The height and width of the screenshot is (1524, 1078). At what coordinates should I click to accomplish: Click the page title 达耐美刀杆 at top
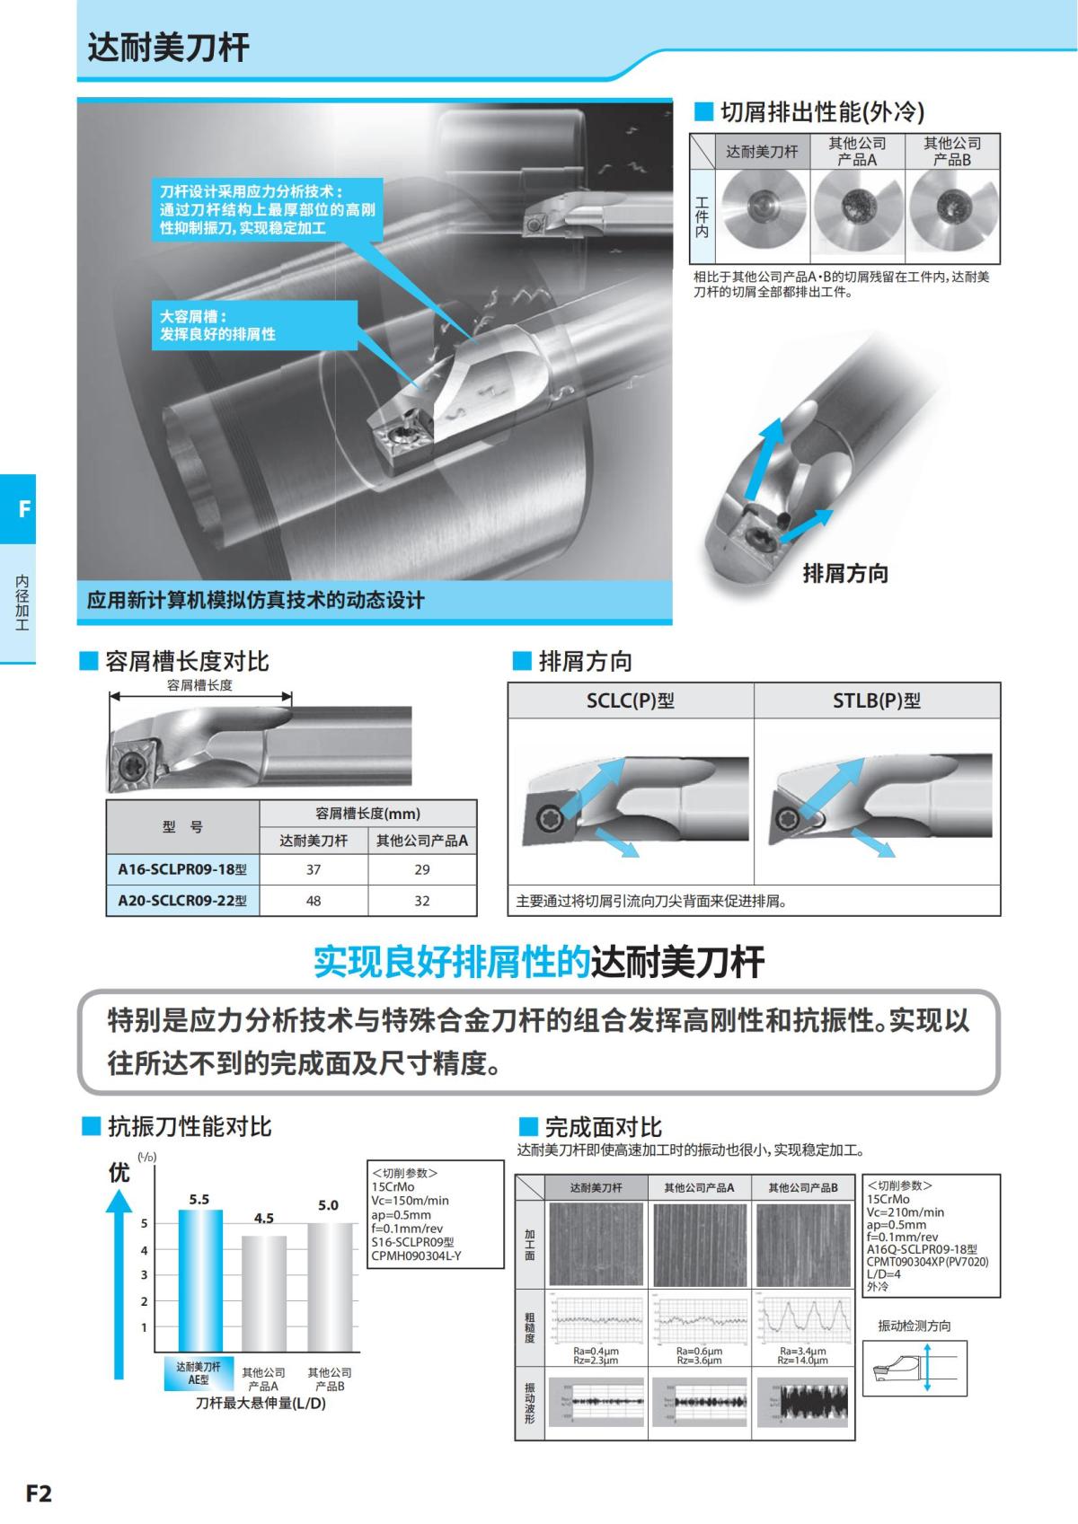tap(168, 47)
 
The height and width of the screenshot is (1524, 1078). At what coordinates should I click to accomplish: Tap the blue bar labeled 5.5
tap(199, 1280)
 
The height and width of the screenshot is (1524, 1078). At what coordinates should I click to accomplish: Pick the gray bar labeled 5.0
tap(330, 1286)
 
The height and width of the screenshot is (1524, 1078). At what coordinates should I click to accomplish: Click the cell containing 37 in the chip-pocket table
tap(313, 869)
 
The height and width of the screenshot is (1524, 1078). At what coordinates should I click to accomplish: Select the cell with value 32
tap(421, 901)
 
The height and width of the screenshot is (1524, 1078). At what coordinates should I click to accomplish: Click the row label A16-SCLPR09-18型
tap(182, 869)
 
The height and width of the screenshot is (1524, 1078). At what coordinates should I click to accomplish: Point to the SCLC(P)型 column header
tap(631, 700)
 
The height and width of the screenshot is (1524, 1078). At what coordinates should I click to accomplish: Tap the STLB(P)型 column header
tap(877, 700)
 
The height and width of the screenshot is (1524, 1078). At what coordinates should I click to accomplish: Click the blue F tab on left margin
tap(19, 509)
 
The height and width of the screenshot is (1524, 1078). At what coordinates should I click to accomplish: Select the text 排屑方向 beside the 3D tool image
tap(844, 573)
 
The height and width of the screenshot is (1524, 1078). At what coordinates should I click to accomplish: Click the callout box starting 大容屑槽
tap(254, 325)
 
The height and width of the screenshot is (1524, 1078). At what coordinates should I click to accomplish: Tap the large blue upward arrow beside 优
tap(119, 1284)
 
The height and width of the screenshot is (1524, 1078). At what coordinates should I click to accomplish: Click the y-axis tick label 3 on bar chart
tap(144, 1274)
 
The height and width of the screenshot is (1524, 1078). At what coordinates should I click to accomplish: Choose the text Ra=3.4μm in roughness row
tap(802, 1351)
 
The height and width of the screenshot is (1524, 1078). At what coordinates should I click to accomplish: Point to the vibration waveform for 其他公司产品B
tap(802, 1402)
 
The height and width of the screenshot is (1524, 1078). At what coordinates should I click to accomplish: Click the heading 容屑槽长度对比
tap(187, 662)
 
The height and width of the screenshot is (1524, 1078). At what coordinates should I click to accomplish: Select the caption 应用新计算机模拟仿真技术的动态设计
tap(256, 600)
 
